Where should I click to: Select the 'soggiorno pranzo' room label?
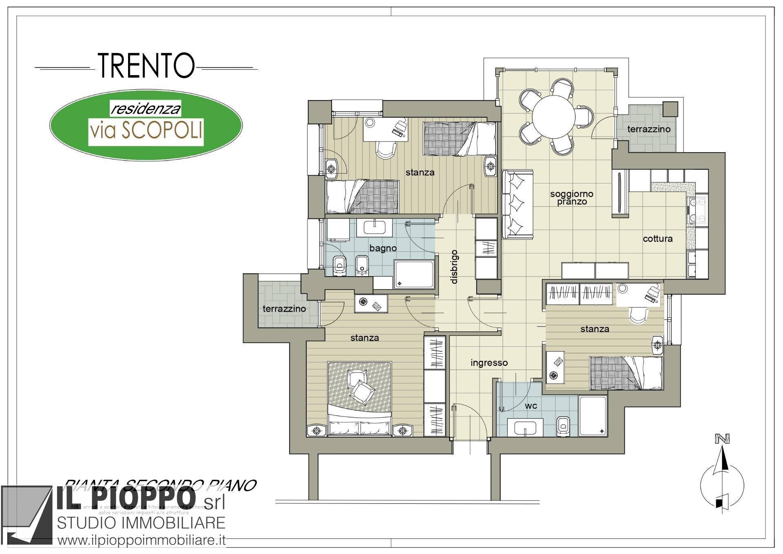coord(571,197)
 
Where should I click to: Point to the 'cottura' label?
coord(657,239)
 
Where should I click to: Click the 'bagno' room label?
coord(383,248)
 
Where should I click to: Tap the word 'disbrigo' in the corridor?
coord(454,266)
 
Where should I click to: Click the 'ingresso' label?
coord(489,363)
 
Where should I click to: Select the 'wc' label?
coord(531,406)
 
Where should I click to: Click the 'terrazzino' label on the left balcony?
coord(284,308)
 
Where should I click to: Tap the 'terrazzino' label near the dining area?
coord(648,129)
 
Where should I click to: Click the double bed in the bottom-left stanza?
coord(360,398)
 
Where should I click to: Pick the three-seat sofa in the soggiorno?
coord(518,204)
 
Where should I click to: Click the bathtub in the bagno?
coord(414,274)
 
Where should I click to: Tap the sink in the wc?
coord(525,428)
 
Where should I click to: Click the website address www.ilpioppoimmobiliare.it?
coord(142,541)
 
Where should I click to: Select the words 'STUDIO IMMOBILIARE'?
coord(141,523)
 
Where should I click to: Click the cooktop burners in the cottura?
coord(697,211)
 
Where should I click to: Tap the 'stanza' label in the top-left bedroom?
coord(420,173)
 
